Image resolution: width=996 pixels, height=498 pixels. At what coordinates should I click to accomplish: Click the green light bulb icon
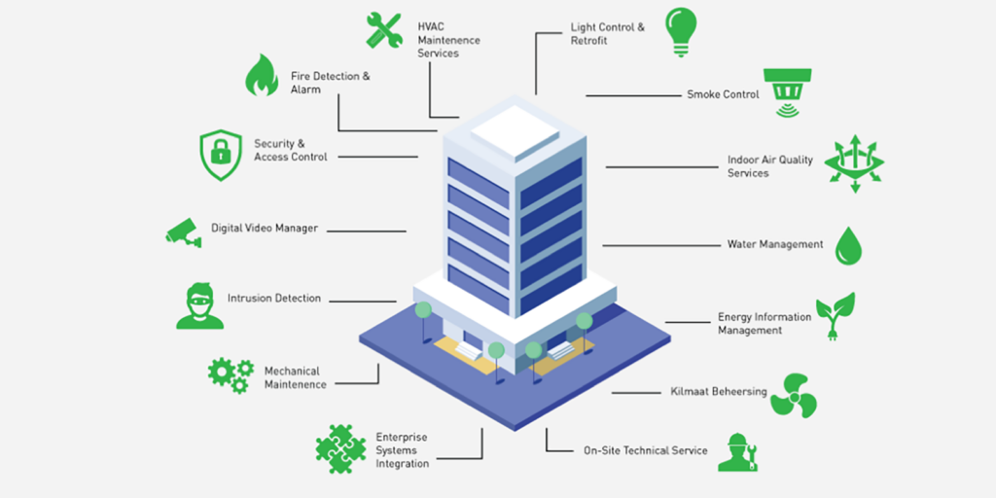pos(681,30)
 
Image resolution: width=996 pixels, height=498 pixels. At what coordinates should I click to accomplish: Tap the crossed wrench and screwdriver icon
pos(384,29)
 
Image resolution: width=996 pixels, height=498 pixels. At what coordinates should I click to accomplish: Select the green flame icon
pos(261,75)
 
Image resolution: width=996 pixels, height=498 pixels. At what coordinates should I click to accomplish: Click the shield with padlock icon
pos(220,155)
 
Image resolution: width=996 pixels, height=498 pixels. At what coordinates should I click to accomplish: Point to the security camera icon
pos(183,231)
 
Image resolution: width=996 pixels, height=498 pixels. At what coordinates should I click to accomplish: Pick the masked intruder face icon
pos(199,305)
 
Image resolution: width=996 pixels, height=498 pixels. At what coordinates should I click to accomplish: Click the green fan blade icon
pos(793,394)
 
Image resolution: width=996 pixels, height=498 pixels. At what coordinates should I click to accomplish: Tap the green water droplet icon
pos(848,245)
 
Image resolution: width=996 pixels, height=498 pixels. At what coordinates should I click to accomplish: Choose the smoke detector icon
pos(787,92)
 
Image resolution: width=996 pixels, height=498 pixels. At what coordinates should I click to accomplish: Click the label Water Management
pos(774,244)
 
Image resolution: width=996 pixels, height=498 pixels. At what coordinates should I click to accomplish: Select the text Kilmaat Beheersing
pos(719,392)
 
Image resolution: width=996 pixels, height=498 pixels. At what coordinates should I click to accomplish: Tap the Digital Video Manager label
pos(265,229)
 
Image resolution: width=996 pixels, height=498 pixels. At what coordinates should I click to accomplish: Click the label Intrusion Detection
pos(273,299)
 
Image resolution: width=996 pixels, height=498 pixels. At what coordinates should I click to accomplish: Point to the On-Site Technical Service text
pos(645,450)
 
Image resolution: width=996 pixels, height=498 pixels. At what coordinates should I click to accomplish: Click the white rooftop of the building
pos(513,129)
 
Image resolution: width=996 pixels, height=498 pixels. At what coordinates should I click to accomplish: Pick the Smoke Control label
pos(723,94)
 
